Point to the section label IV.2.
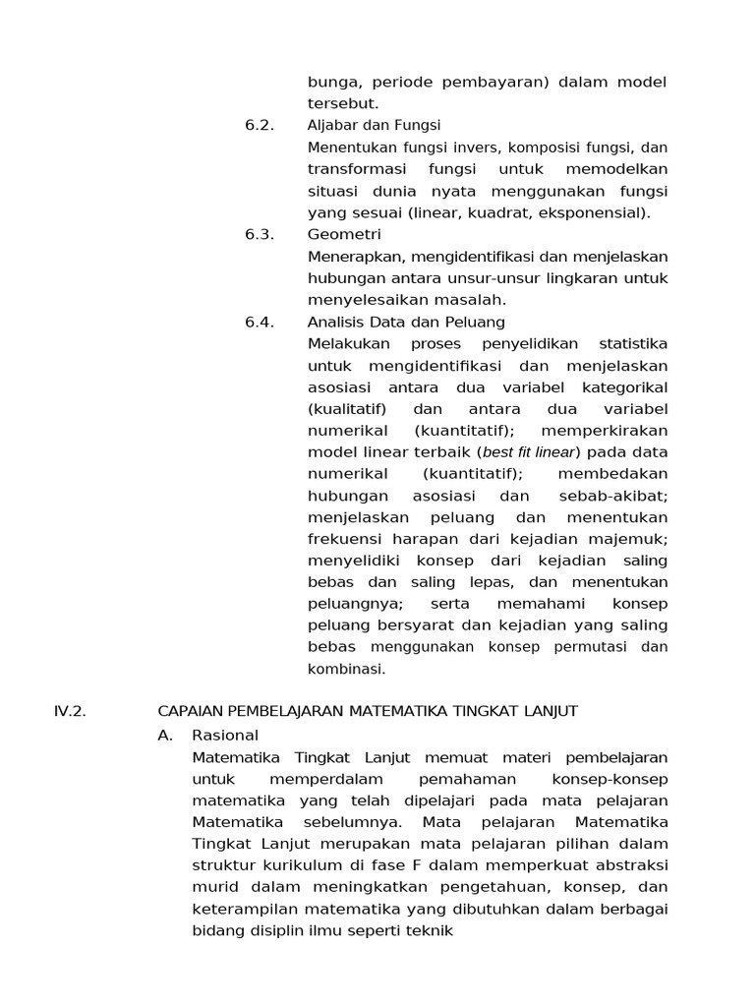(70, 712)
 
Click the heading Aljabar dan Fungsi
(374, 125)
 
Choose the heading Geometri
(344, 234)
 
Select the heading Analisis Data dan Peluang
(406, 322)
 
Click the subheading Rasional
(225, 735)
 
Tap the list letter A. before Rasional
(165, 735)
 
